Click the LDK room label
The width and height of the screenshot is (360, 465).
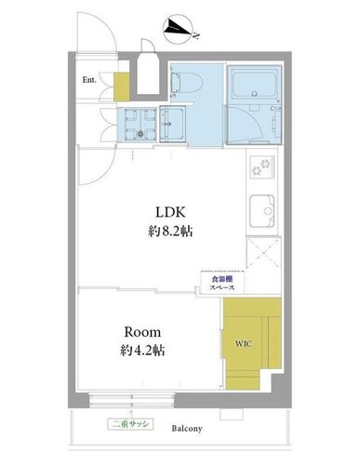pos(170,212)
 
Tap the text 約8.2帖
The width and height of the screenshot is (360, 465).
pos(170,232)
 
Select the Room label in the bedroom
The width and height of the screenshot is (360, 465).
pos(142,332)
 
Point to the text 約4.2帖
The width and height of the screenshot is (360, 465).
pos(142,351)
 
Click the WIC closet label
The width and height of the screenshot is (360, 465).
pos(244,343)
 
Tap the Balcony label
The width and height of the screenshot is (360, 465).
pos(187,429)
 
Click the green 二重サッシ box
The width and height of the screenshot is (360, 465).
pos(130,424)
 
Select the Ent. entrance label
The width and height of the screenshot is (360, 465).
pos(89,80)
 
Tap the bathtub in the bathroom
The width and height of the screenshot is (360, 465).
pos(255,85)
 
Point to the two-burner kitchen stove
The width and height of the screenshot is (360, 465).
pos(263,166)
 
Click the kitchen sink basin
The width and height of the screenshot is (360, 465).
pos(262,211)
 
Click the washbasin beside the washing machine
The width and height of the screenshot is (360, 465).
pos(172,124)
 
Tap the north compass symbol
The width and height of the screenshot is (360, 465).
pos(178,29)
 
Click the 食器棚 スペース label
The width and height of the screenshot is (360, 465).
pos(222,283)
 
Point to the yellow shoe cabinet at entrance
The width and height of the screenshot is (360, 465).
pos(122,86)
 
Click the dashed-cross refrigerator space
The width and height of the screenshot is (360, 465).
pos(263,253)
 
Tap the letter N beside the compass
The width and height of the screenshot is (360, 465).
pos(196,35)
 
